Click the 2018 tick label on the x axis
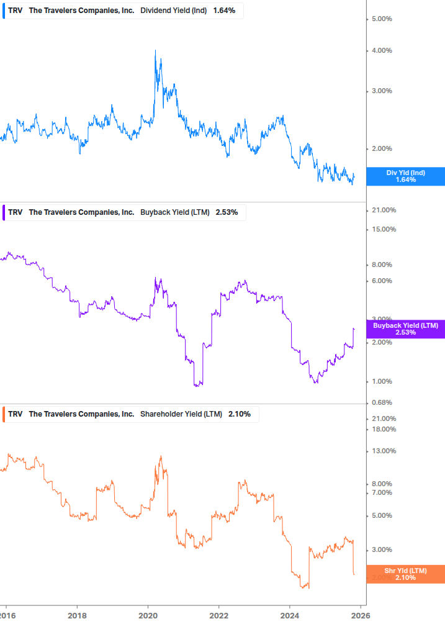tap(77, 615)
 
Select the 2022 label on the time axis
tap(219, 615)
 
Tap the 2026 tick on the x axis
tap(361, 615)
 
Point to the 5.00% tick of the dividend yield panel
tap(381, 19)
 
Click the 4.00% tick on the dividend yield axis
tap(381, 51)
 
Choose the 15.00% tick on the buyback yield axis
tap(383, 229)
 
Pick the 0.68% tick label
tap(381, 402)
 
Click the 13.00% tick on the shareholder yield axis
tap(383, 451)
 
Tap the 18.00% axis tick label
tap(383, 429)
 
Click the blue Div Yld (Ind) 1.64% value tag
tap(405, 176)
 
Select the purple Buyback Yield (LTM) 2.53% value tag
tap(405, 329)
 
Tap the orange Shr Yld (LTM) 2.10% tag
tap(405, 574)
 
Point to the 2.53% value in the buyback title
tap(227, 212)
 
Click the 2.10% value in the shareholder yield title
tap(239, 414)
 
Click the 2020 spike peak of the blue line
tap(155, 50)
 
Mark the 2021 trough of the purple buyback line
tap(197, 386)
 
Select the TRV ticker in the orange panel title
tap(15, 414)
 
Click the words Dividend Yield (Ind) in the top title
tap(174, 11)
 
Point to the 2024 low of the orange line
tap(304, 587)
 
